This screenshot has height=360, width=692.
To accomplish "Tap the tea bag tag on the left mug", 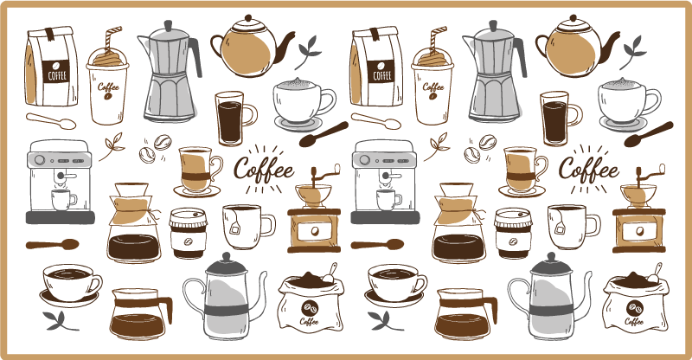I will (235, 227).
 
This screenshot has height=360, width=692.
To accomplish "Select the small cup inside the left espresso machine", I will (63, 198).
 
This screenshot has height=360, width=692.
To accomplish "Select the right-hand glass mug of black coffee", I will (554, 119).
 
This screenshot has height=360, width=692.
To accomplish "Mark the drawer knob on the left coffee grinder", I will (313, 231).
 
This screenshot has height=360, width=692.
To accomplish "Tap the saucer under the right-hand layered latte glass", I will (522, 190).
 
